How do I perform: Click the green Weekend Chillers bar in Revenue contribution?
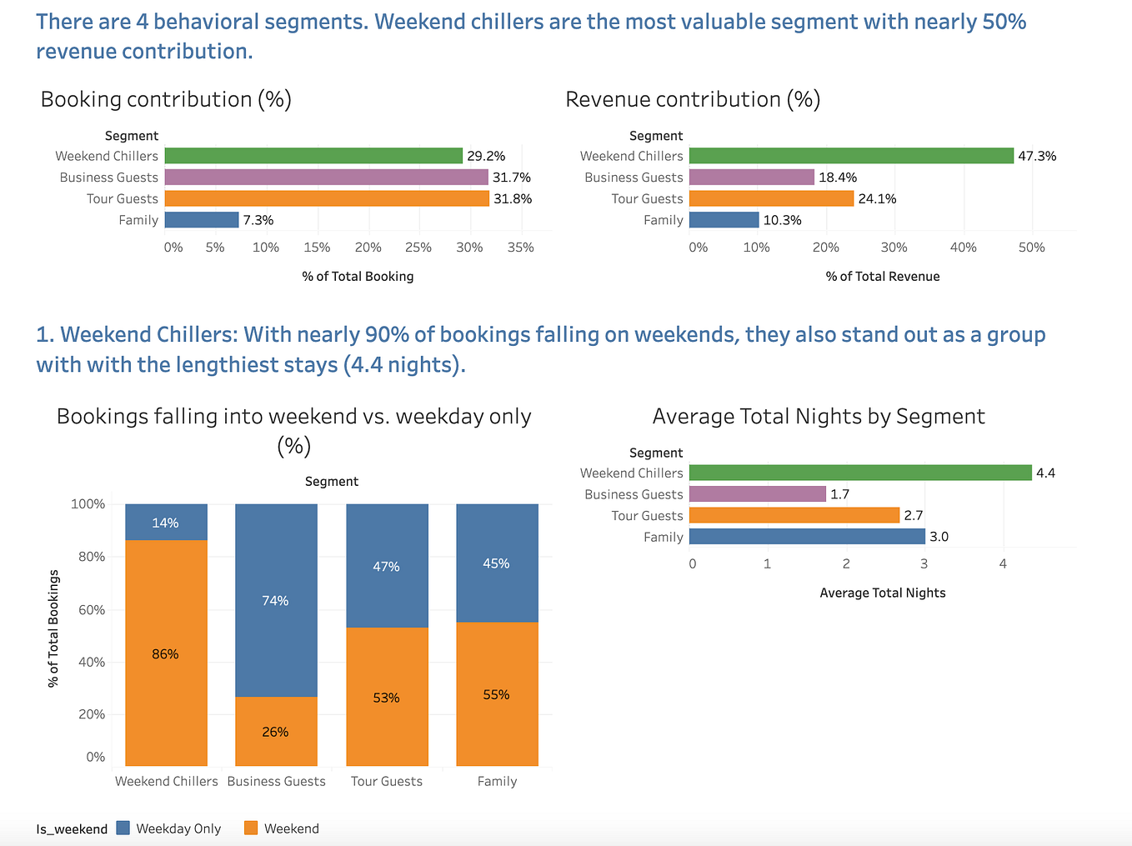pos(851,156)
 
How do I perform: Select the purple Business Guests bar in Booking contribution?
pos(326,178)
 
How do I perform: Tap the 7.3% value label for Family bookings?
pos(258,220)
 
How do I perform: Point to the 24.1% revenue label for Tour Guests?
pos(877,198)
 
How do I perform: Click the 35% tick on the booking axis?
pos(521,248)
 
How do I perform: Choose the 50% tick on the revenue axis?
pos(1031,248)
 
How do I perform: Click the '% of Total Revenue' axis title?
pos(883,277)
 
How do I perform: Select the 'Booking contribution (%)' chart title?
pos(166,99)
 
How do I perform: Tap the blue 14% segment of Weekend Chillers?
pos(166,523)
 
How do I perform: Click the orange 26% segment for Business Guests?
pos(276,731)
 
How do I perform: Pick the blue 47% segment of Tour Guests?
pos(387,566)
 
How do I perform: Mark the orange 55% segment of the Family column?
pos(497,694)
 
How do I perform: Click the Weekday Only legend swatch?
pos(123,828)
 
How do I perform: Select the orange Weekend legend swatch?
pos(251,828)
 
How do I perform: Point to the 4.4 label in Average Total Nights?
pos(1045,473)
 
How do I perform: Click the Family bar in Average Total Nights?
pos(807,537)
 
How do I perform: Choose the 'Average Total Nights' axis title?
pos(883,593)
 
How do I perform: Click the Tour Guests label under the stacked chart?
pos(387,782)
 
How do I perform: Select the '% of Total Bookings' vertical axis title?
pos(54,628)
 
